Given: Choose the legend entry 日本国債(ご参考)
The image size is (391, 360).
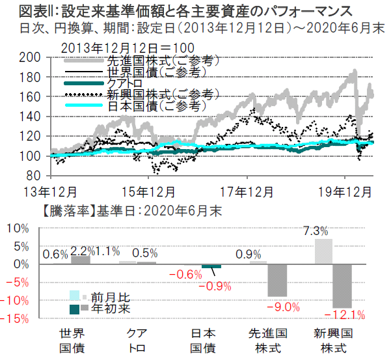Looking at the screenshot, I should pos(155,105).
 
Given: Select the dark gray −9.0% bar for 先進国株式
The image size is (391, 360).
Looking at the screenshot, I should pos(278,281).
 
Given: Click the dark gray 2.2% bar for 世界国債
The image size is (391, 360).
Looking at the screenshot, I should pos(81,260).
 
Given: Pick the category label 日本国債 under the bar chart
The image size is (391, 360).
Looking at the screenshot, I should pos(203,340).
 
